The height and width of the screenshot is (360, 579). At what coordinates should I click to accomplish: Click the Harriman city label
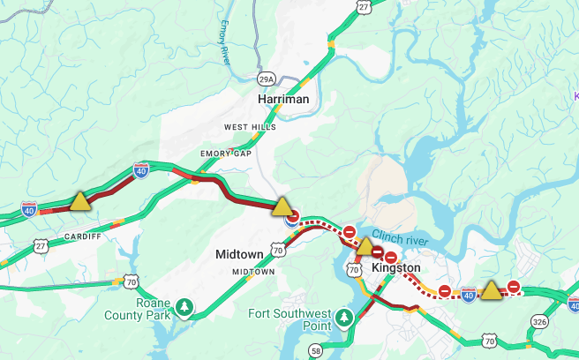click(283, 100)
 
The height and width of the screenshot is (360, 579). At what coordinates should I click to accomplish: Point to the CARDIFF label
click(82, 236)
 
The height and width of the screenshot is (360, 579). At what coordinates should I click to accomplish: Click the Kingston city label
click(396, 267)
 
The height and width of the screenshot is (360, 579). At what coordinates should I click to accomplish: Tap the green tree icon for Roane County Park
click(184, 307)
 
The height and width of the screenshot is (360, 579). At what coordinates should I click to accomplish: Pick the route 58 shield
click(315, 351)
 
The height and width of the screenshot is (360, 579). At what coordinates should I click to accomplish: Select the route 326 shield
click(539, 322)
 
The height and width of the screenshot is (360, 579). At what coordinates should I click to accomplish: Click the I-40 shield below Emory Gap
click(141, 170)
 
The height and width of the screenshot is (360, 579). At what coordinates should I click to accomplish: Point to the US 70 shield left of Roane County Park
click(132, 283)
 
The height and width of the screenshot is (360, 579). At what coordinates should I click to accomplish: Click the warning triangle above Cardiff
click(80, 201)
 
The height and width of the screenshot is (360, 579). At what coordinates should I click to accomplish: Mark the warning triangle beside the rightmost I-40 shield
click(491, 289)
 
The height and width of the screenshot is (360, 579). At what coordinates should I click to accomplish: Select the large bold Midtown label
click(239, 254)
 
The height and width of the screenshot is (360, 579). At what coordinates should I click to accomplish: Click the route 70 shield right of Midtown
click(278, 251)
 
